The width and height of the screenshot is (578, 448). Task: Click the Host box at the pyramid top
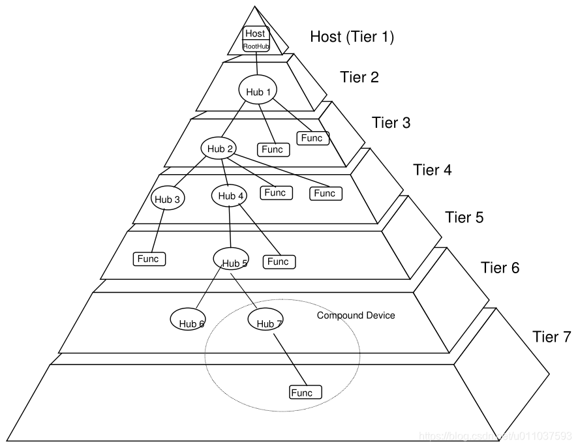(x=256, y=33)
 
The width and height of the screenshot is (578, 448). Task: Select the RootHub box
(x=256, y=46)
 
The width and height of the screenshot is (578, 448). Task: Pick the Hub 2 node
(x=220, y=149)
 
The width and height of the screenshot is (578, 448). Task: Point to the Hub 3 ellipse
(x=168, y=199)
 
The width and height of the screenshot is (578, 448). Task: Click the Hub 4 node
(x=230, y=195)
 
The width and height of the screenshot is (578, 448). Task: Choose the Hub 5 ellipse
(x=232, y=259)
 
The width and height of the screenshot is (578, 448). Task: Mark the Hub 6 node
(x=189, y=320)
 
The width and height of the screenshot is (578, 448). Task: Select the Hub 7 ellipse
(x=267, y=320)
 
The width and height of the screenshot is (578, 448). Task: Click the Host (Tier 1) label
(x=352, y=37)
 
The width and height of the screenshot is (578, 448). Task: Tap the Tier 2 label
(x=359, y=77)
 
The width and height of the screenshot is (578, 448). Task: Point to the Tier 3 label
(x=391, y=122)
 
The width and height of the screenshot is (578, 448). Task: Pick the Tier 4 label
(x=432, y=170)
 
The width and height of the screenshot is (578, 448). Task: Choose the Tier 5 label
(x=464, y=217)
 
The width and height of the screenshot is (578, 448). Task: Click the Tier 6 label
(x=500, y=267)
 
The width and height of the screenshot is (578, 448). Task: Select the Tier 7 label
(x=551, y=337)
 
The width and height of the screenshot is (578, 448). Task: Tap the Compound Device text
(x=356, y=316)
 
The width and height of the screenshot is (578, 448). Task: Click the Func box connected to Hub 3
(x=149, y=259)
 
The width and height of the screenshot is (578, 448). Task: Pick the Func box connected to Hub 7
(x=305, y=393)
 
